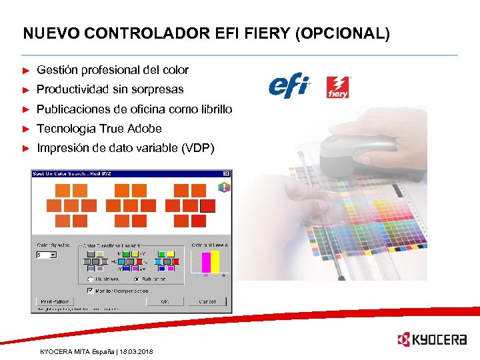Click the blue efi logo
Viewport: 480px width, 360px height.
[289, 87]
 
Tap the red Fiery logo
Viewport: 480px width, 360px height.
[337, 87]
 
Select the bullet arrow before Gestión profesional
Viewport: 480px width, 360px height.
[26, 70]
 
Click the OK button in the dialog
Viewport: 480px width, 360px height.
[164, 301]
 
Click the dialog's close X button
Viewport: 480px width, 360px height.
[226, 175]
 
